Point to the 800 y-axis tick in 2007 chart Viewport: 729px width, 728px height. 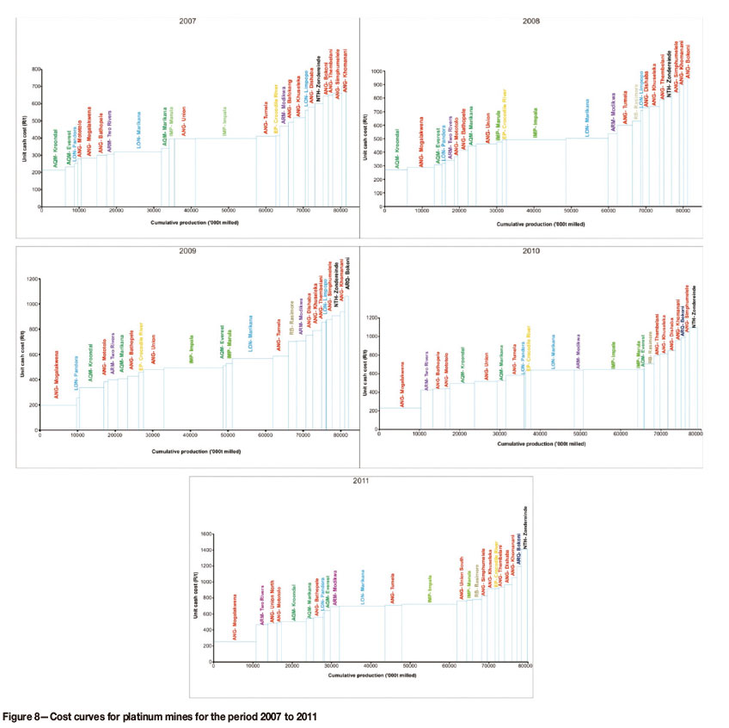(36, 69)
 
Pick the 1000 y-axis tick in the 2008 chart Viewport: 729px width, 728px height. (377, 71)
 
